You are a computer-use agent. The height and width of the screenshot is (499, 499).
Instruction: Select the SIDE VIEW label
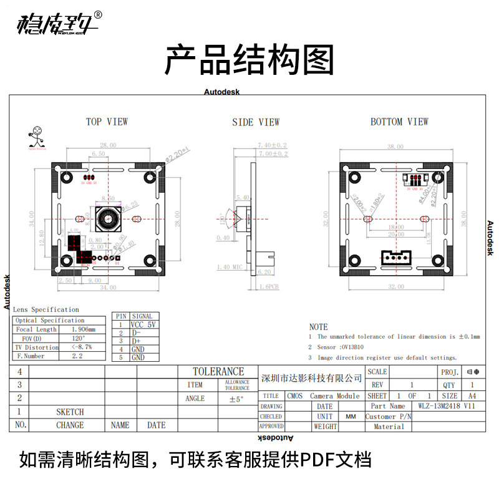coord(256,122)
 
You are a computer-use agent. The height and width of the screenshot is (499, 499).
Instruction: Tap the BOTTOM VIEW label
coord(399,122)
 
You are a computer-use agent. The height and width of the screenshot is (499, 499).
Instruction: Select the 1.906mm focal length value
coord(83,329)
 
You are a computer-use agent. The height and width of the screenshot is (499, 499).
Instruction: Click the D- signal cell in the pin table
coord(137,333)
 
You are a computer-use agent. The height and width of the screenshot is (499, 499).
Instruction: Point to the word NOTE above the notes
coord(318,326)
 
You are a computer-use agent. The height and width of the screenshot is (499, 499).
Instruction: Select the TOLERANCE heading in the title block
coord(218,372)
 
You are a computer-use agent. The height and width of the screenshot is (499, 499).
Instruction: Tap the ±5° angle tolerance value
coord(236,399)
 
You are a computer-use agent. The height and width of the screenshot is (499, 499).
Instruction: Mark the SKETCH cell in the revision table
coord(70,412)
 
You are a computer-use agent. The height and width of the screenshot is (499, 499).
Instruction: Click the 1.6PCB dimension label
coord(268,286)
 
